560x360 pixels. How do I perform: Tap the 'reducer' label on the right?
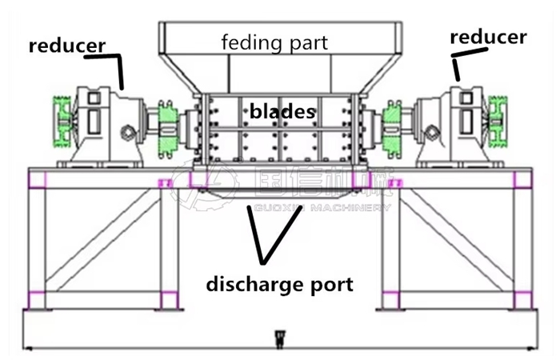pyautogui.click(x=488, y=37)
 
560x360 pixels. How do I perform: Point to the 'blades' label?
pyautogui.click(x=282, y=111)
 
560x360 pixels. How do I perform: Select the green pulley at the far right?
pyautogui.click(x=501, y=122)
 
